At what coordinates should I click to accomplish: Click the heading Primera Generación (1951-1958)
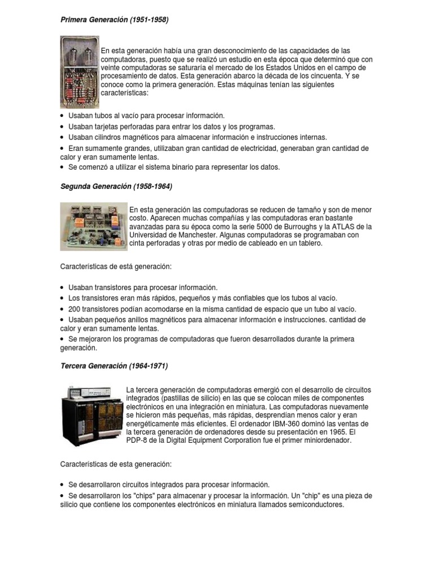coord(114,20)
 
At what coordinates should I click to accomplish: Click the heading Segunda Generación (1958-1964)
coord(116,186)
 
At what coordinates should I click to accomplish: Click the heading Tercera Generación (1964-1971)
coord(114,366)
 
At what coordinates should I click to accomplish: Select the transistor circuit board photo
coord(93,226)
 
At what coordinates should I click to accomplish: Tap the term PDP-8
coord(138,440)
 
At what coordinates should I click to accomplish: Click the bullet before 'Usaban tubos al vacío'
coord(62,115)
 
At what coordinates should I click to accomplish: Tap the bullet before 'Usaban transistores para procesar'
coord(62,288)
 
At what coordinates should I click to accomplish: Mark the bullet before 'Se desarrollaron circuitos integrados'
coord(62,485)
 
